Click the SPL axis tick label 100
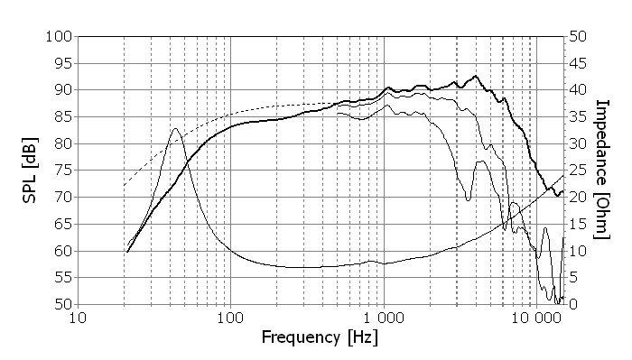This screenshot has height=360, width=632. pyautogui.click(x=59, y=37)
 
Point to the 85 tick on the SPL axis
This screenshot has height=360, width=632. pyautogui.click(x=63, y=117)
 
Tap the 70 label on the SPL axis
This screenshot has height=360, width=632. pyautogui.click(x=63, y=198)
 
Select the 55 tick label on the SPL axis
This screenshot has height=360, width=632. pyautogui.click(x=63, y=278)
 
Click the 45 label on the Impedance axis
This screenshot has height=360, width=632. pyautogui.click(x=578, y=64)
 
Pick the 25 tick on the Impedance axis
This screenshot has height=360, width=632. pyautogui.click(x=578, y=171)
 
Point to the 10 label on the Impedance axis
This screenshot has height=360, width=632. pyautogui.click(x=578, y=251)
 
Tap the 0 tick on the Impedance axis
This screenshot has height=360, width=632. pyautogui.click(x=573, y=304)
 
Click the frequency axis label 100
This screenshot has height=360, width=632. pyautogui.click(x=230, y=318)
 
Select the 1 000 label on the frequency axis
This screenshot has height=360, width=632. pyautogui.click(x=384, y=318)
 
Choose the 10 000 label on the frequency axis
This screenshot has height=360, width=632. pyautogui.click(x=537, y=318)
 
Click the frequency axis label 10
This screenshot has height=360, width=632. pyautogui.click(x=78, y=318)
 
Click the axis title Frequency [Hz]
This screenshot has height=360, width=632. pyautogui.click(x=320, y=337)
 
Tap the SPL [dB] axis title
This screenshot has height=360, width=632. pyautogui.click(x=30, y=171)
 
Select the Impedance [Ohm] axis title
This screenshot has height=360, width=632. pyautogui.click(x=602, y=170)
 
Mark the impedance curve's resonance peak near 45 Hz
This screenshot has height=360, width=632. pyautogui.click(x=175, y=129)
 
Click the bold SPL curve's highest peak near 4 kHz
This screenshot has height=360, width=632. pyautogui.click(x=476, y=76)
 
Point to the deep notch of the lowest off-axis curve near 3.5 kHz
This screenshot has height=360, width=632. pyautogui.click(x=468, y=199)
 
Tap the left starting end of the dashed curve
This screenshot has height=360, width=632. pyautogui.click(x=125, y=185)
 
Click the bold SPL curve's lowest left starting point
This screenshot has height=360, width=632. pyautogui.click(x=127, y=252)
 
